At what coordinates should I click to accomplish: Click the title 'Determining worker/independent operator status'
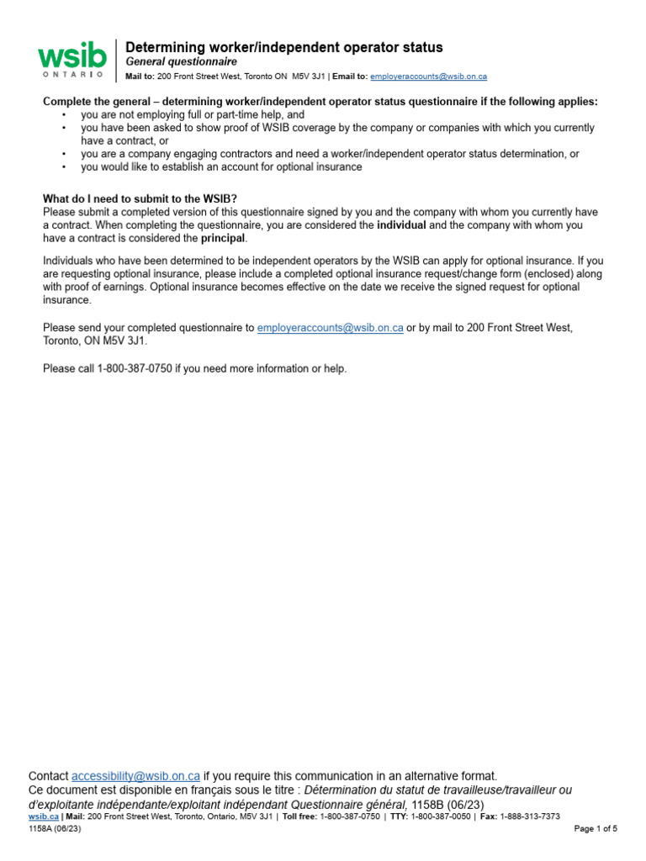tap(283, 47)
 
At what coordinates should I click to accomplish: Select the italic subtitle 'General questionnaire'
tap(181, 62)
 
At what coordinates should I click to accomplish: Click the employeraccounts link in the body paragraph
tap(330, 327)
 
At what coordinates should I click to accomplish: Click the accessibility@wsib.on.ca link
tap(135, 775)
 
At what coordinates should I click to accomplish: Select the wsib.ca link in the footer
tap(43, 816)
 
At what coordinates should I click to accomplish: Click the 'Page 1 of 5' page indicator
tap(596, 829)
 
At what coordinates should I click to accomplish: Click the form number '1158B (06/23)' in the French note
tap(459, 805)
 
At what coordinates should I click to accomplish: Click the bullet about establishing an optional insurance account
tap(221, 166)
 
